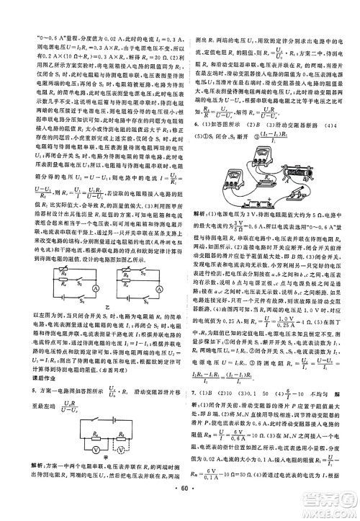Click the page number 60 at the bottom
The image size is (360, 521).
click(x=180, y=509)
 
